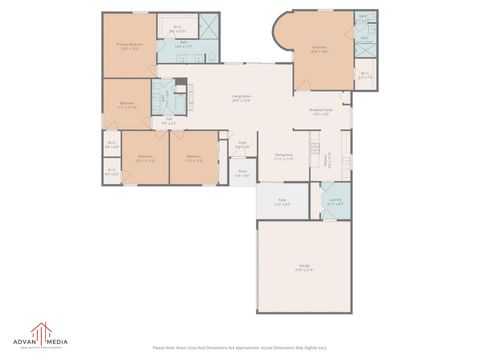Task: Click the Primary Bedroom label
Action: click(129, 46)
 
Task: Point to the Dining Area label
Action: click(284, 156)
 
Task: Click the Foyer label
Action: click(242, 146)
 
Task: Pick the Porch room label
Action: click(242, 172)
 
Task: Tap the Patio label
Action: click(283, 203)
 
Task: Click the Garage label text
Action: click(302, 267)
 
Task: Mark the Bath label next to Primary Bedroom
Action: click(183, 44)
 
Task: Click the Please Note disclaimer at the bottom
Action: click(240, 348)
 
